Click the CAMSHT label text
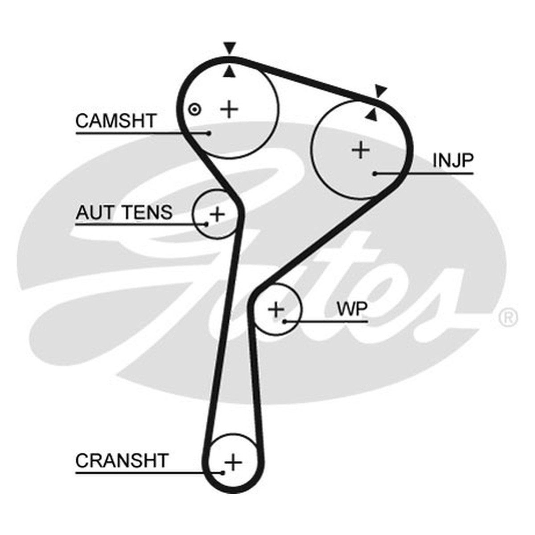point(115,121)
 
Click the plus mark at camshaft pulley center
point(229,109)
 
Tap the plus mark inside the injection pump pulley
point(361,150)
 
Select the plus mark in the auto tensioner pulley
point(217,214)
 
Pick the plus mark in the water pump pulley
point(276,309)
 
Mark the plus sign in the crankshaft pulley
point(233,463)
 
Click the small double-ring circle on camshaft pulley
point(195,110)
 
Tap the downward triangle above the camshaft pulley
point(230,48)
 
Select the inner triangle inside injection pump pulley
point(371,115)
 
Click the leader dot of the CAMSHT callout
point(209,133)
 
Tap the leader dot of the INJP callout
point(375,174)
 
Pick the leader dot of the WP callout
point(284,321)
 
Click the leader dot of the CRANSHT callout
point(222,473)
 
